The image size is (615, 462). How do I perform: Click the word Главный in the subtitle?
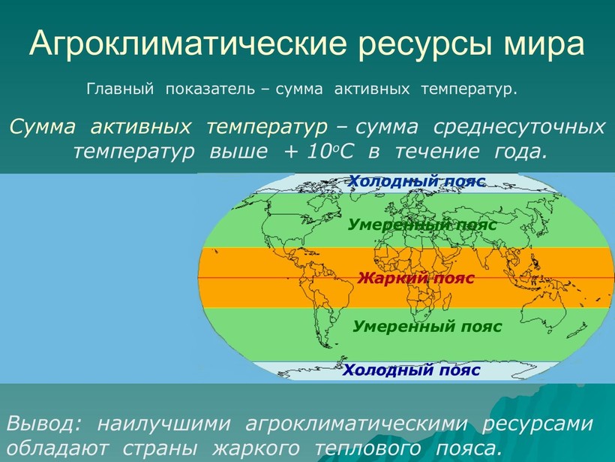tap(120, 89)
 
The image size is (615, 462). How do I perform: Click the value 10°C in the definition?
tap(330, 152)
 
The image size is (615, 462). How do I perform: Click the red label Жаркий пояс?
tap(415, 278)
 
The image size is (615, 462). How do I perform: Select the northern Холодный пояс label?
tap(417, 181)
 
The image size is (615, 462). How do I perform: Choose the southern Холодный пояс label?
tap(412, 370)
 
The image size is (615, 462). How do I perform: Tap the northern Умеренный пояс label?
tap(422, 225)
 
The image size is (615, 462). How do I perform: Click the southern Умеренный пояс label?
tap(427, 327)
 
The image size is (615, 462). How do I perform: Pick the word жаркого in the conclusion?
tap(256, 448)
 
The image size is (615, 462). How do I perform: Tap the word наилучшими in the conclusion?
tap(164, 424)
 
